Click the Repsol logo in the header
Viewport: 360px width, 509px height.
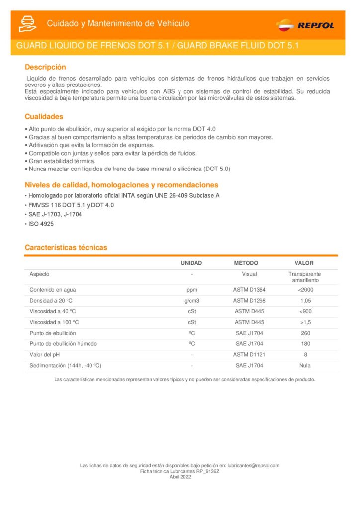(x=305, y=25)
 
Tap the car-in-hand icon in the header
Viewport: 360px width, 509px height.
(x=27, y=24)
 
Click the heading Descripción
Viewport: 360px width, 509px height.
(x=45, y=67)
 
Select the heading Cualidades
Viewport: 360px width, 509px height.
(x=44, y=117)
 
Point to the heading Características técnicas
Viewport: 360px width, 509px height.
(x=66, y=247)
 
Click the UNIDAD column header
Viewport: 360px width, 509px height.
(x=191, y=263)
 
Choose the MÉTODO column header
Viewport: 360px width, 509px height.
(x=246, y=263)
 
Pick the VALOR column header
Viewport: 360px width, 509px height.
(x=304, y=263)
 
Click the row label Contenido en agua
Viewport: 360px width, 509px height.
(x=53, y=290)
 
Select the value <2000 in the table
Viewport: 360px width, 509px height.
(x=305, y=290)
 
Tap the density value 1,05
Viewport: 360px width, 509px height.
(x=305, y=301)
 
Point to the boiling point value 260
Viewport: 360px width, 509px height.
(x=305, y=333)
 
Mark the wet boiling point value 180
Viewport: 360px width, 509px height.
(x=305, y=344)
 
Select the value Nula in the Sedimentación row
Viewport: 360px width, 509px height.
(x=305, y=366)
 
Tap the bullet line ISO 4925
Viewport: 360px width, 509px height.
(x=40, y=224)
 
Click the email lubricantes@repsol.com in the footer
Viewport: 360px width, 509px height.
(x=254, y=465)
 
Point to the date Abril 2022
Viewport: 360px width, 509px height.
(x=180, y=476)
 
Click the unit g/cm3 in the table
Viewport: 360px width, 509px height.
(x=191, y=301)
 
